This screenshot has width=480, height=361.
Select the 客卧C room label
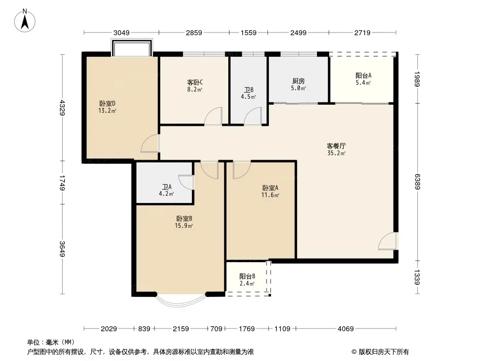pos(195,82)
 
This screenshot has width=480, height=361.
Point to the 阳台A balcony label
pos(363,76)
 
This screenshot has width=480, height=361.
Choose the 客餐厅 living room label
pos(336,146)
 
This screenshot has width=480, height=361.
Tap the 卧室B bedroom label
pos(184,218)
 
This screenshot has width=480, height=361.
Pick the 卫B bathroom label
pos(249,89)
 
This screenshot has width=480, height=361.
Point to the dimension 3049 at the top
pos(121,32)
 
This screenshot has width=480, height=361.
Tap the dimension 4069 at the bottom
pos(346,329)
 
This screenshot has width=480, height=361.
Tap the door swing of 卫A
pos(186,182)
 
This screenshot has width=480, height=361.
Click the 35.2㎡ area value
pos(336,153)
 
